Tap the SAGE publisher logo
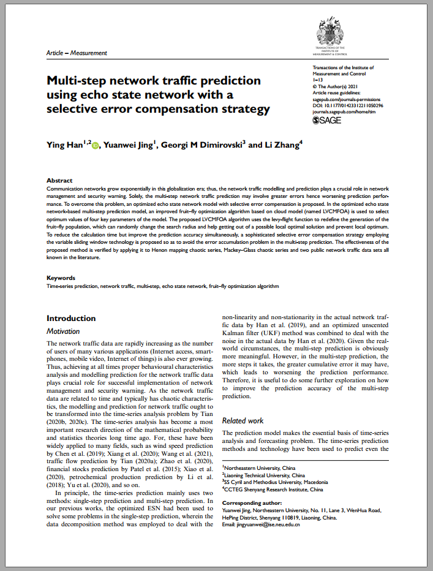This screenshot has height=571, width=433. point(327,120)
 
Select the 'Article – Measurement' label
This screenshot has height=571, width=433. point(77,53)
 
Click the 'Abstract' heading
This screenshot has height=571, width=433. point(59,180)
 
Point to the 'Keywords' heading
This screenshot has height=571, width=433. point(62,278)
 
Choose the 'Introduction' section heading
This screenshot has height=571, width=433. point(71,318)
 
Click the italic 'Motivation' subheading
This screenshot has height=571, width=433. point(63,331)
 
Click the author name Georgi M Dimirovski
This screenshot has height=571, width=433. point(203,145)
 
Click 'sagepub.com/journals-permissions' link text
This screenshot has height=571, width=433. point(346,99)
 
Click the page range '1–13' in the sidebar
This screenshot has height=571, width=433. point(318,80)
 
